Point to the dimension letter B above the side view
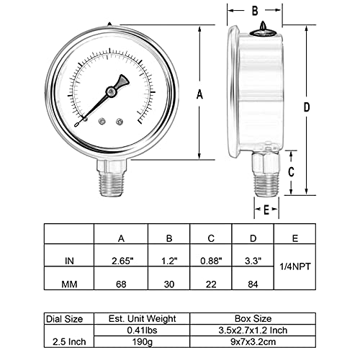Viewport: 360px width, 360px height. tap(253, 11)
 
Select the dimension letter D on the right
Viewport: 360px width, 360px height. tap(307, 107)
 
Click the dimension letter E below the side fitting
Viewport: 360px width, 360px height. tap(266, 210)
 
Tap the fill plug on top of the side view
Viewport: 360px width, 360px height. tap(260, 26)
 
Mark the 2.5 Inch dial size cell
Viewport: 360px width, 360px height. tap(70, 336)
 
